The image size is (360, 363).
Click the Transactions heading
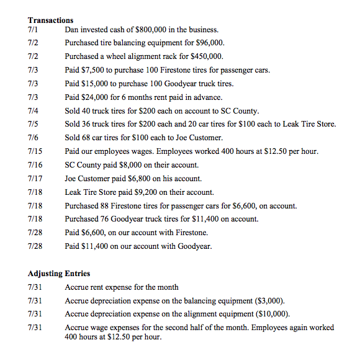[x=50, y=20]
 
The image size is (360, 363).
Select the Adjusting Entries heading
[x=59, y=273]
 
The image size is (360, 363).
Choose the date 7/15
[x=35, y=151]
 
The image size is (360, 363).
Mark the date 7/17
[x=35, y=179]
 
